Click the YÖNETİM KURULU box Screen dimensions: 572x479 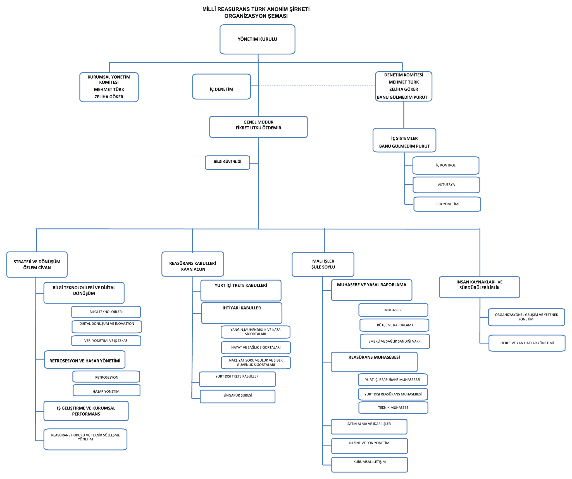click(x=257, y=39)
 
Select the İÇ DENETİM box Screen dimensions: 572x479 click(x=221, y=87)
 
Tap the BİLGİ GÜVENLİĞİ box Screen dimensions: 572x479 click(x=227, y=162)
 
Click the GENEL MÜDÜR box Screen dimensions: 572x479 click(x=258, y=127)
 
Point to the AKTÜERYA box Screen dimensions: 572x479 click(x=446, y=185)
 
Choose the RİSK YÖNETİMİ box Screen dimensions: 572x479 click(x=447, y=204)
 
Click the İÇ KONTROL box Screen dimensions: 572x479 click(x=446, y=165)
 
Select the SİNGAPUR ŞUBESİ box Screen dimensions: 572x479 click(x=238, y=396)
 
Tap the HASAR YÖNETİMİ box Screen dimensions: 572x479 click(x=106, y=390)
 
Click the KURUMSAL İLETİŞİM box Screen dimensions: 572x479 click(x=370, y=464)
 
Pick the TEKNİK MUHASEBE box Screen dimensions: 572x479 click(x=393, y=407)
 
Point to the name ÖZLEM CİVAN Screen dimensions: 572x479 click(x=37, y=267)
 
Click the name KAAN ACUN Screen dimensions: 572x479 click(x=193, y=269)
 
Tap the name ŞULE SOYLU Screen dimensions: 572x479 click(x=323, y=267)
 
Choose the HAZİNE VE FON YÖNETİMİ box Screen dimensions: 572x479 click(x=370, y=446)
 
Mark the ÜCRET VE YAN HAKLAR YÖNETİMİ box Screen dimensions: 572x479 click(x=527, y=343)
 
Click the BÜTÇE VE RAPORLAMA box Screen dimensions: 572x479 click(x=394, y=325)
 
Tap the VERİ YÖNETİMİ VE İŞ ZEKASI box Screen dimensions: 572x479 click(x=106, y=341)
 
